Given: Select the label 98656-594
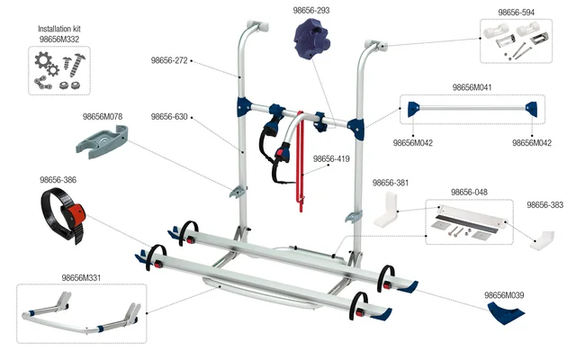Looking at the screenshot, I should click(x=517, y=13).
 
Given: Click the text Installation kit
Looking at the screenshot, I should click(x=60, y=29).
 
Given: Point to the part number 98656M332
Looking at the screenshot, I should click(x=59, y=40).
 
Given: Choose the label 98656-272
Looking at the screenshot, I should click(x=169, y=61).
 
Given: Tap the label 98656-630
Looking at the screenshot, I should click(x=169, y=117).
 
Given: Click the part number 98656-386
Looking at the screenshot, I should click(x=58, y=180).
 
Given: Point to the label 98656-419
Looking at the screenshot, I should click(x=331, y=159).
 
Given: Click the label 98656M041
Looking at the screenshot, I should click(x=471, y=87).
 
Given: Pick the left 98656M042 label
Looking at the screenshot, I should click(x=412, y=142).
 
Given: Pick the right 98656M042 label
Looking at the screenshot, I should click(x=531, y=142).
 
